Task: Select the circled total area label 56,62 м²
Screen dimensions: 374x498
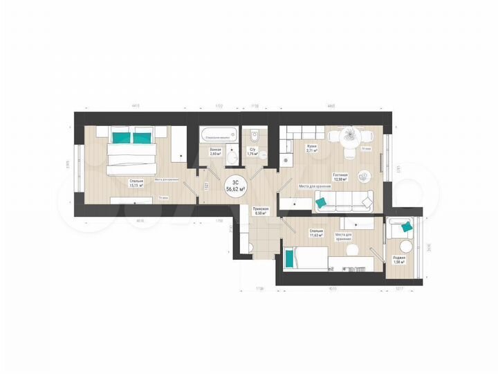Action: [234, 185]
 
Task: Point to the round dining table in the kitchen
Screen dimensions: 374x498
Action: [351, 136]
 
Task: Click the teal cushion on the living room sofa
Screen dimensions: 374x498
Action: [321, 203]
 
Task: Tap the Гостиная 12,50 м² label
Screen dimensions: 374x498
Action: [340, 177]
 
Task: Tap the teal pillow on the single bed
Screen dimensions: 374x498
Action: [288, 258]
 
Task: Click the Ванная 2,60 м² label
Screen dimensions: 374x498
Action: [215, 152]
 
